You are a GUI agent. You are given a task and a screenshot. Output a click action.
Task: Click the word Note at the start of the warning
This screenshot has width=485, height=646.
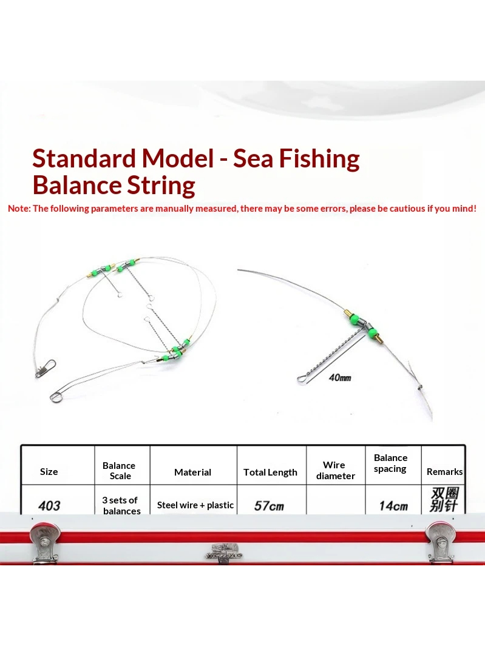[18, 209]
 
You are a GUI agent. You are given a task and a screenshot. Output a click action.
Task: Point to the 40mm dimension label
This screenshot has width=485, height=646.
[340, 377]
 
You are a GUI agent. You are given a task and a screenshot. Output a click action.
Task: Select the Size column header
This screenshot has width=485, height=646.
[49, 472]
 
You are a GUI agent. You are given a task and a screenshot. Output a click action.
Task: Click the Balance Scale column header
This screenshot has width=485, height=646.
[119, 471]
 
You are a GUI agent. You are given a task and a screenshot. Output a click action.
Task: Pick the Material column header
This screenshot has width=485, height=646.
[192, 472]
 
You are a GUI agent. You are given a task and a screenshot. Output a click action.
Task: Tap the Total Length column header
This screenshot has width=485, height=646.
[270, 473]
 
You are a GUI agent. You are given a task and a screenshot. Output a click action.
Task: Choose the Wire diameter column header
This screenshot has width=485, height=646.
[335, 471]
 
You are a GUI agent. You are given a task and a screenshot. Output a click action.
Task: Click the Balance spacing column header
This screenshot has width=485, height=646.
[390, 463]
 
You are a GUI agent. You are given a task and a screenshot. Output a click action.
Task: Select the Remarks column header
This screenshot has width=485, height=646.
[444, 472]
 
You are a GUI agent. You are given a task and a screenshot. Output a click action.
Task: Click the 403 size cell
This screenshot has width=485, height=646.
[49, 505]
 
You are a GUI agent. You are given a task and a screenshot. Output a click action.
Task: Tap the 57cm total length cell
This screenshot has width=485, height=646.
[269, 506]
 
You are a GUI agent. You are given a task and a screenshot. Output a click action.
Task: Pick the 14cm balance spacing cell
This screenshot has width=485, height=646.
[393, 506]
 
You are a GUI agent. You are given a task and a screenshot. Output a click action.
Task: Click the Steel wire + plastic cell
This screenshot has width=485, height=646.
[195, 505]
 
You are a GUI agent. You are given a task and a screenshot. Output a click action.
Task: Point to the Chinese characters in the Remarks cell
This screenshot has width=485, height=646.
[444, 500]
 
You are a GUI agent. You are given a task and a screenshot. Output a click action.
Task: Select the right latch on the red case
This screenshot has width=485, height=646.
[440, 540]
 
